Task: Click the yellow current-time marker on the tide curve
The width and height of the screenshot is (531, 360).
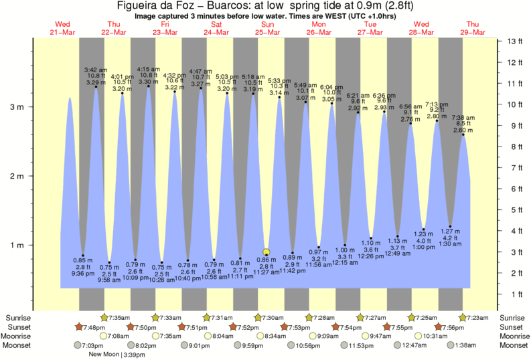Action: click(267, 252)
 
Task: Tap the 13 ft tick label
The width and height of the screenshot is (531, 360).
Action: click(514, 41)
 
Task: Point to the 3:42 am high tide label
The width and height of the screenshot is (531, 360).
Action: click(96, 70)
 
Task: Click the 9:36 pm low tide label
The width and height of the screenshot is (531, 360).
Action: click(83, 273)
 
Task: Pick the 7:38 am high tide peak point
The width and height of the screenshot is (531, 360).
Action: click(463, 134)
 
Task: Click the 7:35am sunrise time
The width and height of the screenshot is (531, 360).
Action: click(119, 317)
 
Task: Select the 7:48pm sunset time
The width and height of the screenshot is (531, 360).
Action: click(93, 327)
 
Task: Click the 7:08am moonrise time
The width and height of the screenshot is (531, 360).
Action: click(119, 336)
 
